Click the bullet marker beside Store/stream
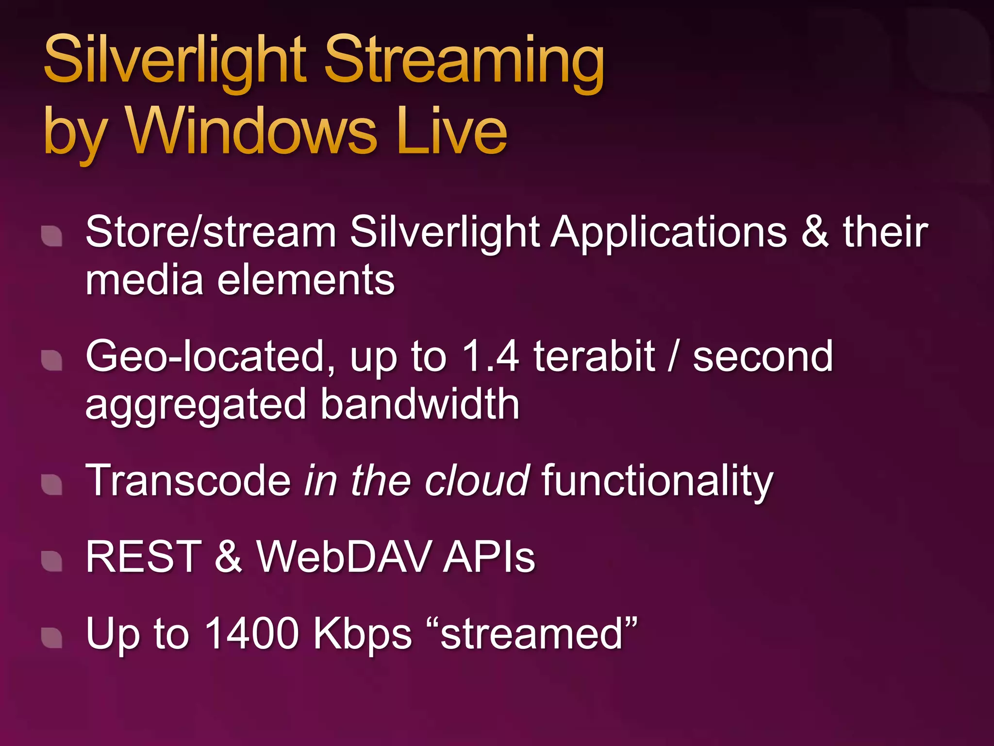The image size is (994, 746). (x=51, y=236)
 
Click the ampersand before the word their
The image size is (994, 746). (x=815, y=232)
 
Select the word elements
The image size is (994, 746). (x=306, y=280)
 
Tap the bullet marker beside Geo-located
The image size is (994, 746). (x=51, y=360)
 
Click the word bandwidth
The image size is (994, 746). (x=420, y=404)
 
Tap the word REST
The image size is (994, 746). (x=144, y=557)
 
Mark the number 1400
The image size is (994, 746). (x=251, y=633)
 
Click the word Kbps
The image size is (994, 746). (x=362, y=634)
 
